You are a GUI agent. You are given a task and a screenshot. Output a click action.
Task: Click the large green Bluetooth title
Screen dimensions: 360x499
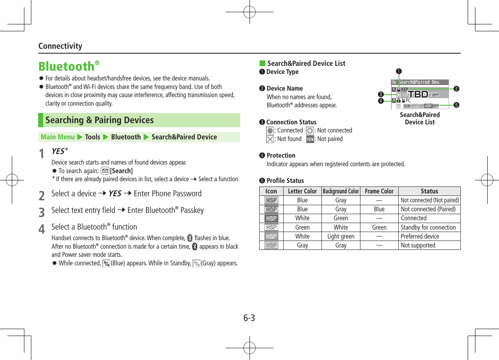67,66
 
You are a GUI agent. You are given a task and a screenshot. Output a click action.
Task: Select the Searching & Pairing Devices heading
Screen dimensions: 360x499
100,120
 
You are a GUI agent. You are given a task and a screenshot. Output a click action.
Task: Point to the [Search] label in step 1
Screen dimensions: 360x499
121,171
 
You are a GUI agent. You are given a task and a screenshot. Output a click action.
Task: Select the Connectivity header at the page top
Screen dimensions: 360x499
60,46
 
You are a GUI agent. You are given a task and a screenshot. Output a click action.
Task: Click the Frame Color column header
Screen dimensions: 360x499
379,191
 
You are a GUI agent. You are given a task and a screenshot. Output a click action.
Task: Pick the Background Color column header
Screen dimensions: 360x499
341,191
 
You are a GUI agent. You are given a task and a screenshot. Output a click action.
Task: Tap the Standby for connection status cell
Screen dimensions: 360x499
428,228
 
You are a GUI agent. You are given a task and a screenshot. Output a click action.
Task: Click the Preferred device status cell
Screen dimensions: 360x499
420,236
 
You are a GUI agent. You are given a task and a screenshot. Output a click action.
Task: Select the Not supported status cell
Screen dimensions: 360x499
418,245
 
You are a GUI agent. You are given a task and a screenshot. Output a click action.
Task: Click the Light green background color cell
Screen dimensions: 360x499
341,236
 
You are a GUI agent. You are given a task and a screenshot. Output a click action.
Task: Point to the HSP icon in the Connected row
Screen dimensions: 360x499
271,219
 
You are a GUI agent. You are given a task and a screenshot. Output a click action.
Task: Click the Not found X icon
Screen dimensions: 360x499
270,139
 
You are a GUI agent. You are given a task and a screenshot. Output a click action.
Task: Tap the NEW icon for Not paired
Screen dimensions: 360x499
310,139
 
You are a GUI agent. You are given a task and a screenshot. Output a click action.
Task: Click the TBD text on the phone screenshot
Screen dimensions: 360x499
418,95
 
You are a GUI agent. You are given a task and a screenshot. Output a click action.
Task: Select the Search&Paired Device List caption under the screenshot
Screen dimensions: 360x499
420,118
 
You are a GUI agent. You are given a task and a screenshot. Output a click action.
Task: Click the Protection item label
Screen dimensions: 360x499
281,156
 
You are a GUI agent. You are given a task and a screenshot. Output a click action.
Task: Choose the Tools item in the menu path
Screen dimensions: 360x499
93,137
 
